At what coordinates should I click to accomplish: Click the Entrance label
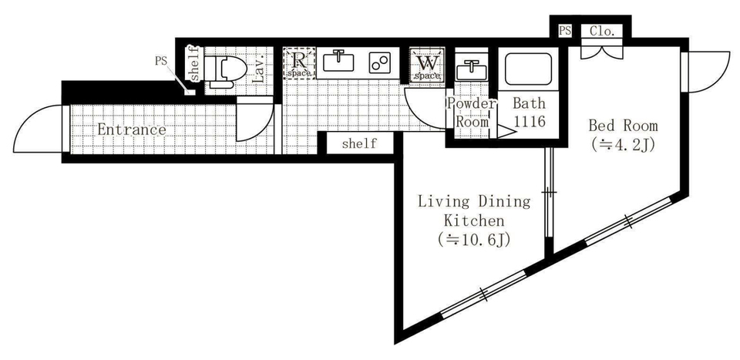coord(132,130)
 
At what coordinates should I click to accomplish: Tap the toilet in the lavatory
coord(227,72)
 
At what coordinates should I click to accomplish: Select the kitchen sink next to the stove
coord(338,62)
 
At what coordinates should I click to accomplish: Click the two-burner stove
coord(380,62)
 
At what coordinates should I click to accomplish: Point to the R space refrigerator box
coord(299,63)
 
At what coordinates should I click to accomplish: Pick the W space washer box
coord(427,64)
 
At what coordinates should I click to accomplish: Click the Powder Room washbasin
coord(472,70)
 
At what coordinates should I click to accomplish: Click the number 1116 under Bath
coord(529,121)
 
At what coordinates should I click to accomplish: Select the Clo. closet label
coord(602,32)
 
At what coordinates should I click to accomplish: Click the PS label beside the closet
coord(565,31)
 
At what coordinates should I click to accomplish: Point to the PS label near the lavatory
coord(161,62)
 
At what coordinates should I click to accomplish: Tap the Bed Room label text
coord(623,126)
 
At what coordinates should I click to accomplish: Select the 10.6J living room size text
coord(474,241)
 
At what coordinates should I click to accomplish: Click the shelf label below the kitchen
coord(360,143)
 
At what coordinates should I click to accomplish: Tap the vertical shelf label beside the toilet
coord(194,64)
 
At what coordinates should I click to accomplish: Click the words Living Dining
coord(474,202)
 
